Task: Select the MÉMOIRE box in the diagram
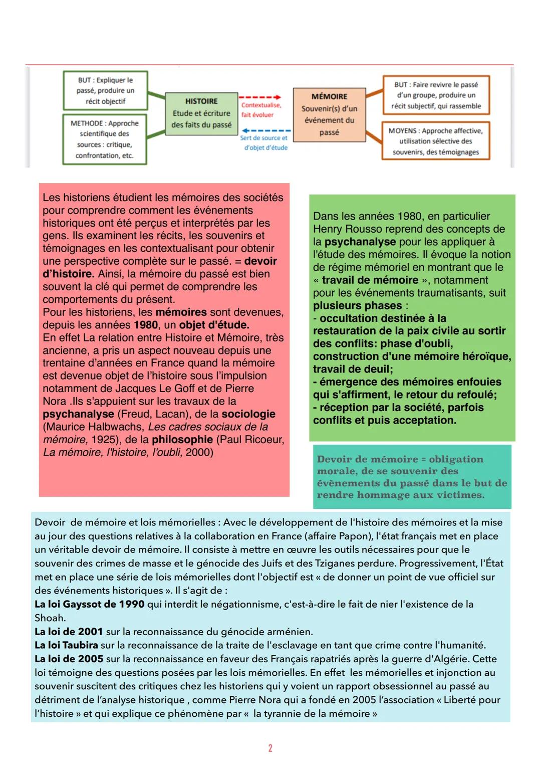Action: (x=329, y=114)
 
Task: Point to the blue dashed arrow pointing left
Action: (x=266, y=131)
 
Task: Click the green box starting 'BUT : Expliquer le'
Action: (x=105, y=91)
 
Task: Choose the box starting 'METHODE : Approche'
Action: (x=105, y=139)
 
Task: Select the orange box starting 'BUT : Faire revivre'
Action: (x=436, y=95)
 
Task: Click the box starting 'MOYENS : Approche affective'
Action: (x=435, y=141)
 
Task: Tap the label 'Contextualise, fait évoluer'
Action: (x=261, y=110)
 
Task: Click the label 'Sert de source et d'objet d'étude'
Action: (x=264, y=143)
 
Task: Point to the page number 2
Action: (x=270, y=748)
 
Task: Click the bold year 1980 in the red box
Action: (x=146, y=325)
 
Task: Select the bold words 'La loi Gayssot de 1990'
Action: (x=89, y=604)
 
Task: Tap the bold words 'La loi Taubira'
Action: (x=66, y=645)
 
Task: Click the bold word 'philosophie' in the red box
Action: (x=182, y=440)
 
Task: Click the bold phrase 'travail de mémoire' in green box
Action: (x=370, y=280)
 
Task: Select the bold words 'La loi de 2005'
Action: (x=69, y=659)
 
